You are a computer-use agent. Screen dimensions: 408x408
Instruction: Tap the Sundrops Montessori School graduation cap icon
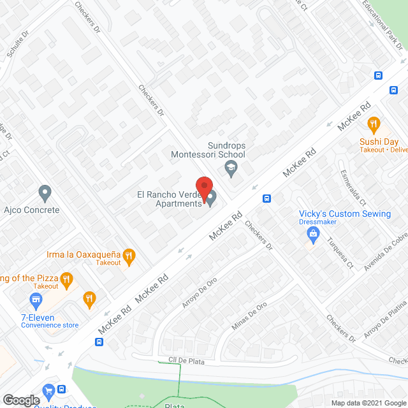[x=231, y=168]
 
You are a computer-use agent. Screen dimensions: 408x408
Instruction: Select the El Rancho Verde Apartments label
[x=168, y=199]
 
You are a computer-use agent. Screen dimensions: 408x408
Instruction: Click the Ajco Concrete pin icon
[x=45, y=191]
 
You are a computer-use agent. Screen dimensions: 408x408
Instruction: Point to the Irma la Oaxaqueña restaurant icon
[x=129, y=256]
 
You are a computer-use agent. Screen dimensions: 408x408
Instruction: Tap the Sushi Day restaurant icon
[x=374, y=124]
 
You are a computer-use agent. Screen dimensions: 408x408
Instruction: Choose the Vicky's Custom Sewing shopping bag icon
[x=313, y=237]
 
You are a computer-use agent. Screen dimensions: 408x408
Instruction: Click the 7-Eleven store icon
[x=36, y=299]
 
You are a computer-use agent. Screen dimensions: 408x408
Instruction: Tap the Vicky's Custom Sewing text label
[x=345, y=214]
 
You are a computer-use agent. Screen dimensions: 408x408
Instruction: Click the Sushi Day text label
[x=378, y=142]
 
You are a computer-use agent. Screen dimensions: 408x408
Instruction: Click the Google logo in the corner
[x=21, y=400]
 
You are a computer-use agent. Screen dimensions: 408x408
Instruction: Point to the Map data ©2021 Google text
[x=367, y=402]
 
